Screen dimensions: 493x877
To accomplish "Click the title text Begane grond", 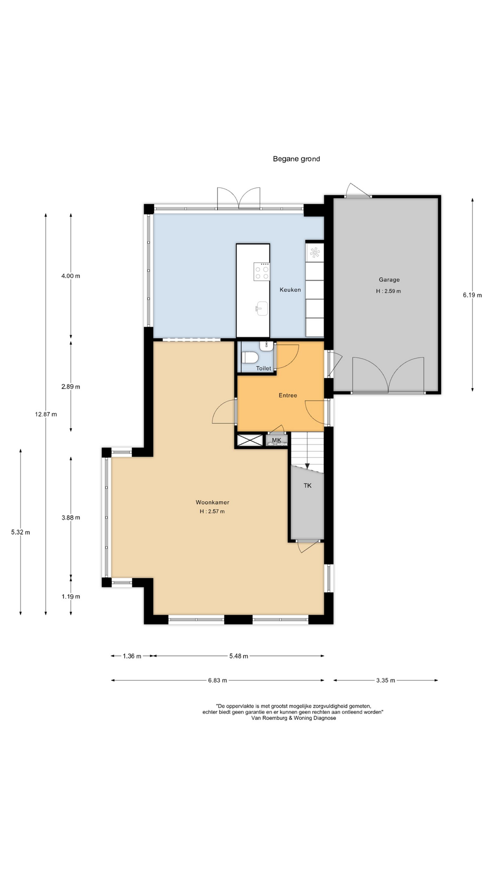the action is pos(296,159).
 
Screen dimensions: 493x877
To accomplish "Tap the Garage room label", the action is pos(389,280).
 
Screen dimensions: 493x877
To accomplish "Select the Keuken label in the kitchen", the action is pos(290,290).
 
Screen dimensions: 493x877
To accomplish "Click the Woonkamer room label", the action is pos(212,502).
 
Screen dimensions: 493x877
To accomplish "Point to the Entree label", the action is pos(288,396).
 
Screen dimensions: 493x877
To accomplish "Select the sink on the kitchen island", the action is pos(262,308).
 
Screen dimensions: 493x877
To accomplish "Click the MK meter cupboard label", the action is pos(277,440).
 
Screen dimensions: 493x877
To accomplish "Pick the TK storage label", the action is pos(308,486).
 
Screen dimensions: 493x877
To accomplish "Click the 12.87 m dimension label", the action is pos(46,414).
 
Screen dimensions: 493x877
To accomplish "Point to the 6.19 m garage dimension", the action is pos(472,295).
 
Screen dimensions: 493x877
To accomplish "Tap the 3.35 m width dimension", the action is pos(386,680).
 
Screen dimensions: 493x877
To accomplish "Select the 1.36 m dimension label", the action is pos(132,656).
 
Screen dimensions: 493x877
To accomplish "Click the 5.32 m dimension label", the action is pos(21,532).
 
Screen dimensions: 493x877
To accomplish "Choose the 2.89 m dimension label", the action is pos(71,386).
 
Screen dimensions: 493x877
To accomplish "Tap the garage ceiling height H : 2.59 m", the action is pos(388,291).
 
